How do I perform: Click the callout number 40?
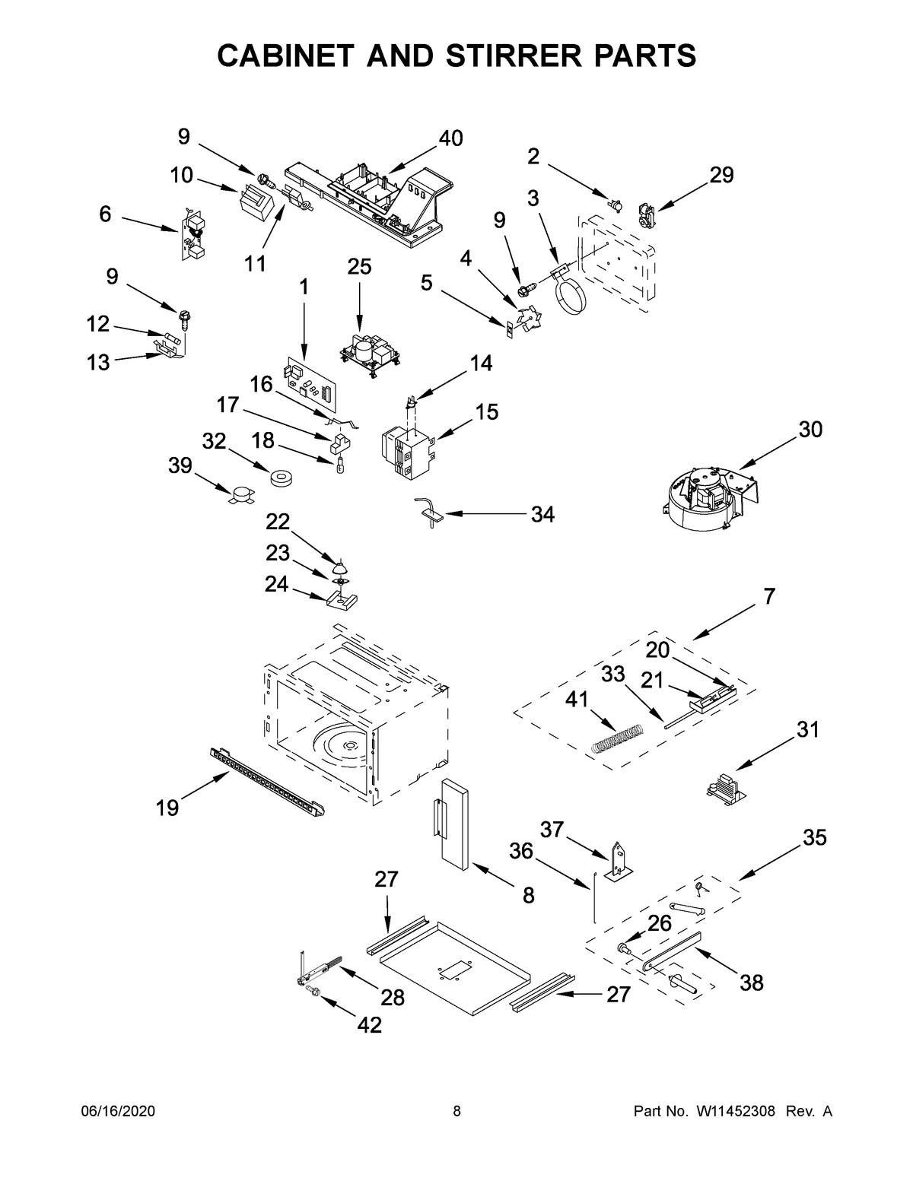click(x=450, y=138)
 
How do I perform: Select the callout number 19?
click(x=167, y=808)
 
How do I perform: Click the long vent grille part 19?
click(x=270, y=780)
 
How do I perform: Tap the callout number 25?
click(x=359, y=267)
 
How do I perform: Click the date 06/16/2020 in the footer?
click(x=118, y=1111)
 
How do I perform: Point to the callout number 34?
click(x=542, y=515)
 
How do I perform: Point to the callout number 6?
click(x=105, y=214)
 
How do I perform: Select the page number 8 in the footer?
click(x=456, y=1111)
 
